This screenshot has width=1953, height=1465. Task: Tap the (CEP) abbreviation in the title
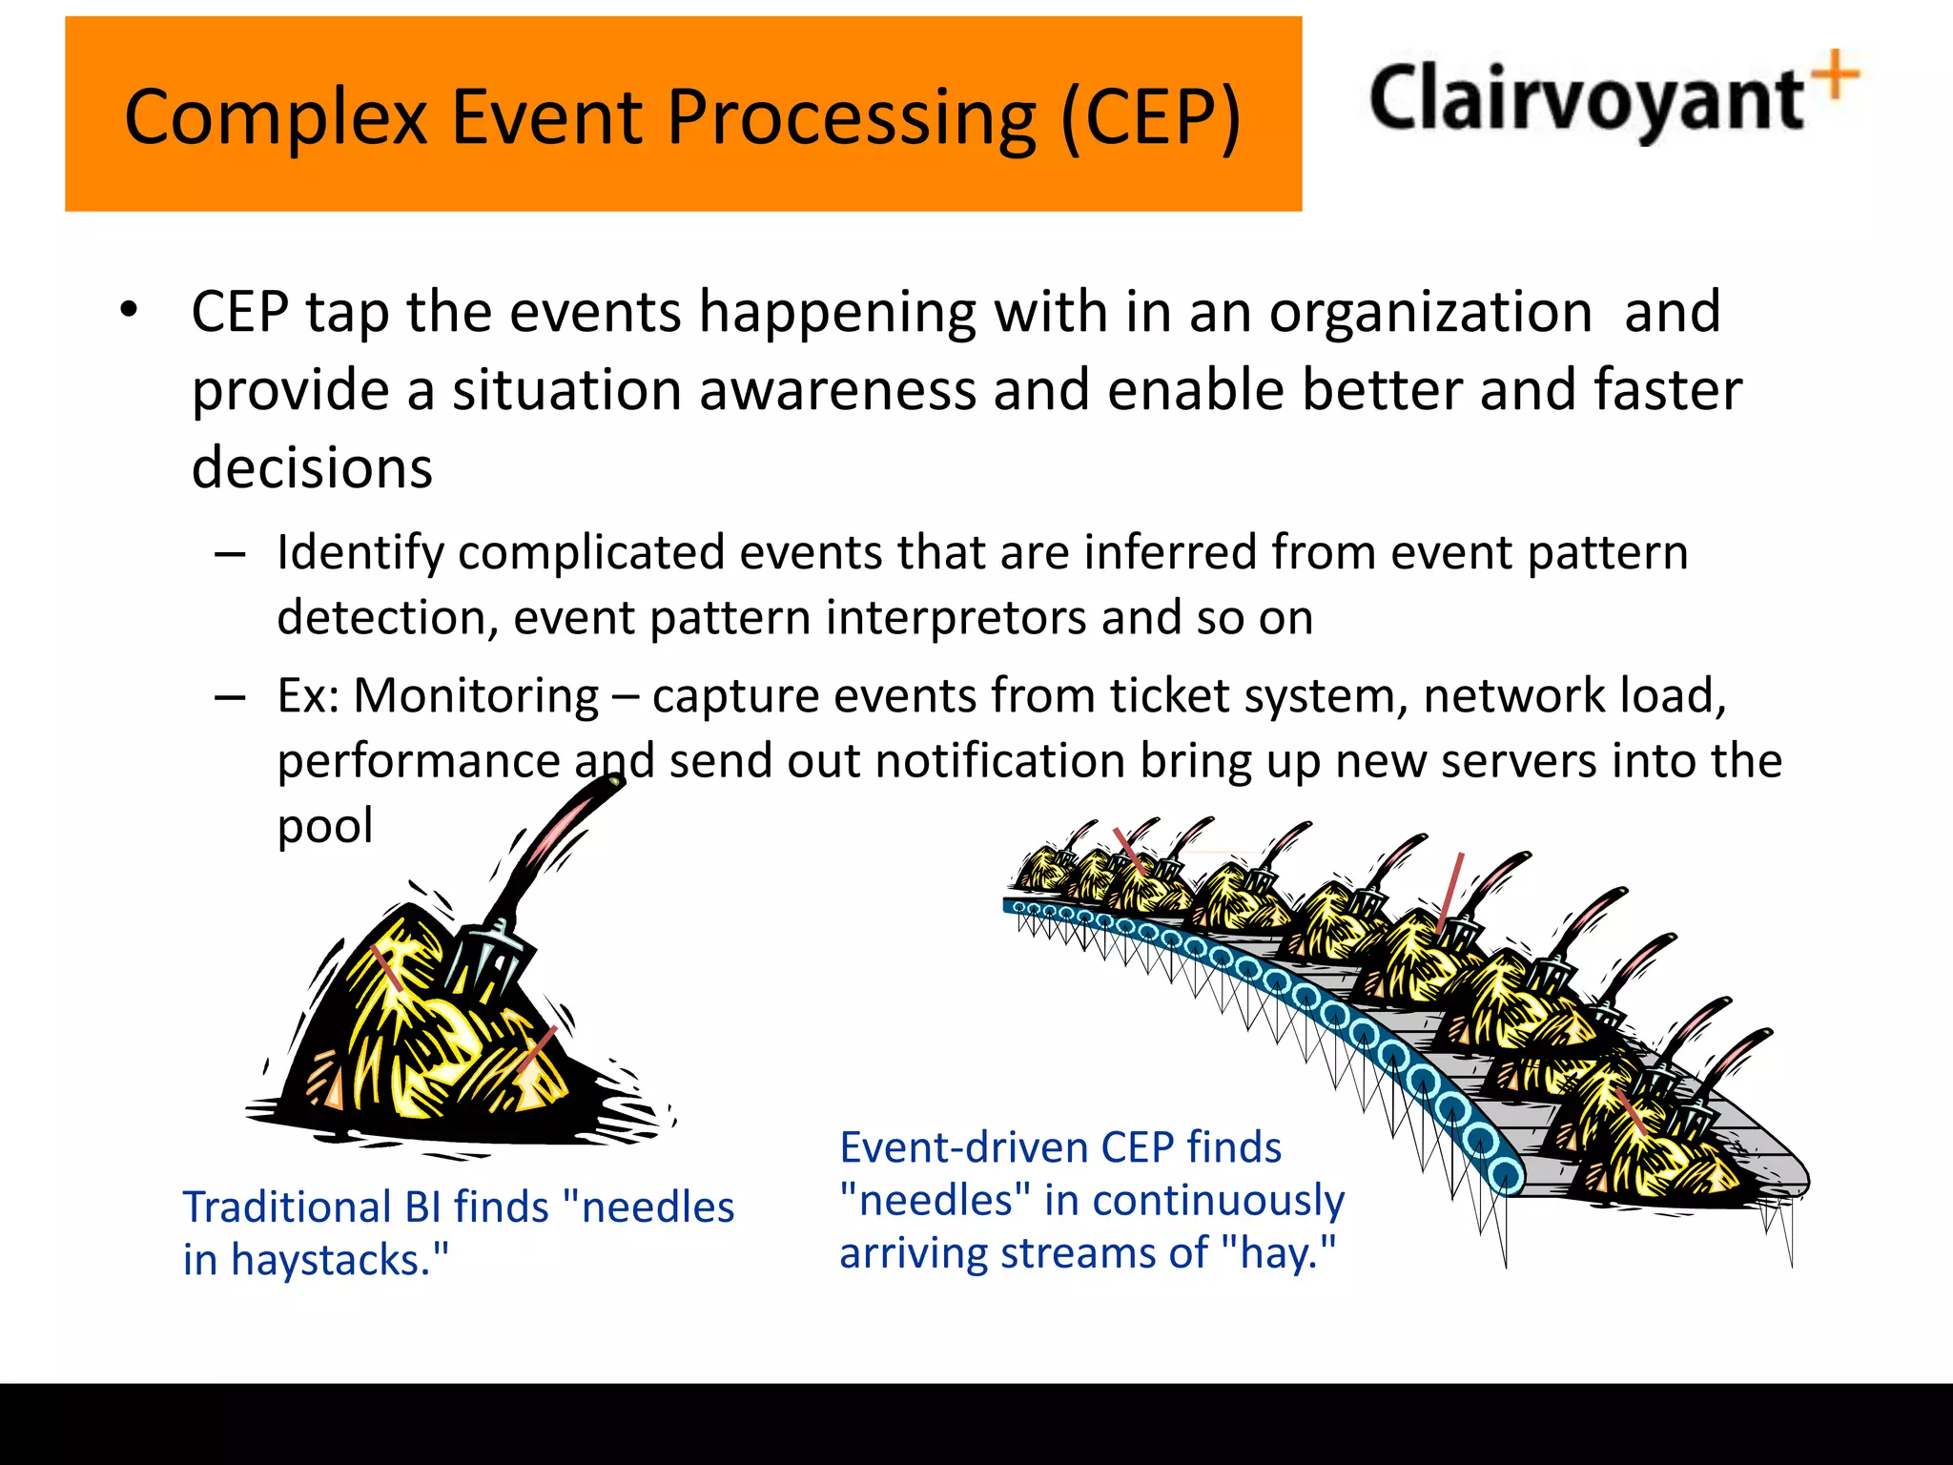pos(1150,118)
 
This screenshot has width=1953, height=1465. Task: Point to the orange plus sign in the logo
pos(1836,75)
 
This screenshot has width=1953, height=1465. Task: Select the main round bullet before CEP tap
pos(129,311)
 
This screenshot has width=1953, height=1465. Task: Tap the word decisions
pos(312,468)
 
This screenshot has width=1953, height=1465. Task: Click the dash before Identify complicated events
pos(230,554)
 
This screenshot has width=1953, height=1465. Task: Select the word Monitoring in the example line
pos(476,695)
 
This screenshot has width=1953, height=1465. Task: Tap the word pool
pos(324,825)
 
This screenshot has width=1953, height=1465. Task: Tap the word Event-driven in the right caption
pos(962,1147)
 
